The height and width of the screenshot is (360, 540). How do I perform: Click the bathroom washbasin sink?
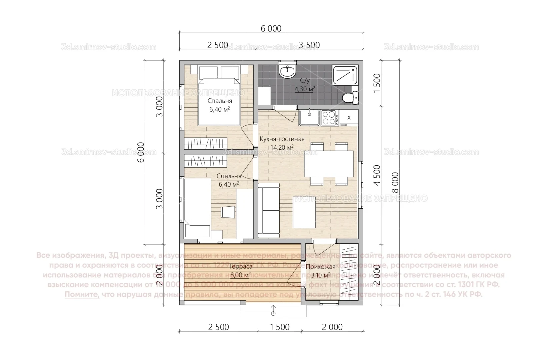click(x=287, y=71)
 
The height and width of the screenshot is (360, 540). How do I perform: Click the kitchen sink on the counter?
click(x=309, y=118)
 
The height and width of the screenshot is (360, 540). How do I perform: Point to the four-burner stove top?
click(x=328, y=118)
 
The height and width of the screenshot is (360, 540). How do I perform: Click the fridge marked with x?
click(x=349, y=117)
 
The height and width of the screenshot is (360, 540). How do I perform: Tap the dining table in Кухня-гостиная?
click(x=329, y=164)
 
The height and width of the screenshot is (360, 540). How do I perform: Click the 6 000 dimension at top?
click(x=271, y=28)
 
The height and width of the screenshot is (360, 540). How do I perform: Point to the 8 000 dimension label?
click(x=395, y=182)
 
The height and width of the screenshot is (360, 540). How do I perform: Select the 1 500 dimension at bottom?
click(x=279, y=327)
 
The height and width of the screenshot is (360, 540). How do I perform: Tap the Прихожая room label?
click(x=320, y=267)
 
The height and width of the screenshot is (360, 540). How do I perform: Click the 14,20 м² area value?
click(x=282, y=147)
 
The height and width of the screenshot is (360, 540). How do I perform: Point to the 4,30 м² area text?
click(x=304, y=89)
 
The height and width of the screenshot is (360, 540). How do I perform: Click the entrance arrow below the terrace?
click(x=273, y=310)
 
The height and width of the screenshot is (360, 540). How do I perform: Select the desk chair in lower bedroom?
click(x=228, y=212)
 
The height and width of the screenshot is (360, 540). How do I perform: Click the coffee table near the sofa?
click(x=304, y=212)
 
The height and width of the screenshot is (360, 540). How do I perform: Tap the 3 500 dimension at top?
click(x=309, y=45)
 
